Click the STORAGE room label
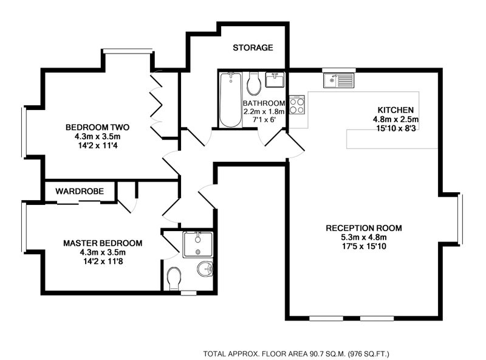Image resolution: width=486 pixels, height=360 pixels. coord(253,47)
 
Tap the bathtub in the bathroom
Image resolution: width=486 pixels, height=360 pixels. coord(231,100)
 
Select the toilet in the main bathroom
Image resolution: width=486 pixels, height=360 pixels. coord(254,83)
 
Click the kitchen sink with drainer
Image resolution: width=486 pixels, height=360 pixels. coord(338,80)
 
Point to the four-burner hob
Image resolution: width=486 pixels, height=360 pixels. coord(297,106)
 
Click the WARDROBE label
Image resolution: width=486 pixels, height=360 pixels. coord(80,191)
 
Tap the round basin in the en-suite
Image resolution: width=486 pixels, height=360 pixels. coord(205,269)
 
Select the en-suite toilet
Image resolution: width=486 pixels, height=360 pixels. coord(174,279)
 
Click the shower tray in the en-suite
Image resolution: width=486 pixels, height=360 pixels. coord(198,245)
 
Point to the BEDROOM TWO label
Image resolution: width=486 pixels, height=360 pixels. coord(97,127)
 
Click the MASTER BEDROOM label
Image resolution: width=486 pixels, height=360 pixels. coord(103,243)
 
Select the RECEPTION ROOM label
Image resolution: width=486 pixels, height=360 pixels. coord(364,228)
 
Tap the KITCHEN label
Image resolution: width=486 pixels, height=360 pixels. coord(395,110)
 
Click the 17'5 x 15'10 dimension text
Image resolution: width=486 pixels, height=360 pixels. coord(364,246)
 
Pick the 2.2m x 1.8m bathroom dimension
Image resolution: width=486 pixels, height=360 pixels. coord(264,112)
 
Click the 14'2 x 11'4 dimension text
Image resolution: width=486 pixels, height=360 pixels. coord(97,145)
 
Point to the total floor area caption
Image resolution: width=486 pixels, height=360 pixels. coord(296,353)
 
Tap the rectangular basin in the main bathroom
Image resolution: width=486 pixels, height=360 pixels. coord(275,80)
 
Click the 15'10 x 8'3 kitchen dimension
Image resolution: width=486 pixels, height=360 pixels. coord(395,128)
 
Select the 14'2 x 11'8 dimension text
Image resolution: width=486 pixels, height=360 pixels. coord(103,261)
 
